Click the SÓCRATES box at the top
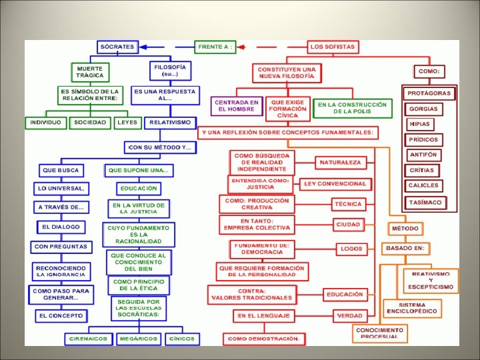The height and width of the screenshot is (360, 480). pyautogui.click(x=116, y=47)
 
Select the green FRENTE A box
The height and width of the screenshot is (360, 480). pyautogui.click(x=215, y=47)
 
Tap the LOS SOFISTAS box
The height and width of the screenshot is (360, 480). pyautogui.click(x=332, y=47)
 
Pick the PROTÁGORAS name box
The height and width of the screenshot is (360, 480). pyautogui.click(x=430, y=93)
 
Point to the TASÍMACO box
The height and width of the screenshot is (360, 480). pyautogui.click(x=425, y=202)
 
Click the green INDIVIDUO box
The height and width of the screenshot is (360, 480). pyautogui.click(x=45, y=123)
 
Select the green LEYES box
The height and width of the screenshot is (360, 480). pyautogui.click(x=126, y=123)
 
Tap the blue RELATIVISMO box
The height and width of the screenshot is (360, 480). pyautogui.click(x=170, y=123)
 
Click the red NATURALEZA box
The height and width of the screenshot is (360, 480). pyautogui.click(x=340, y=162)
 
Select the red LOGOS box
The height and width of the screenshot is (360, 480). pyautogui.click(x=351, y=249)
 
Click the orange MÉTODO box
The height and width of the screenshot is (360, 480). pyautogui.click(x=405, y=229)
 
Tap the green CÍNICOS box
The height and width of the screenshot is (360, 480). pyautogui.click(x=182, y=338)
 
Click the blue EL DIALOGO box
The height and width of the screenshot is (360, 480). pyautogui.click(x=60, y=227)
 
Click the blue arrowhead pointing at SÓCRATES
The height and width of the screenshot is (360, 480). pyautogui.click(x=142, y=47)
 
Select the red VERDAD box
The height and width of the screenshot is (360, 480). pyautogui.click(x=349, y=315)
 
